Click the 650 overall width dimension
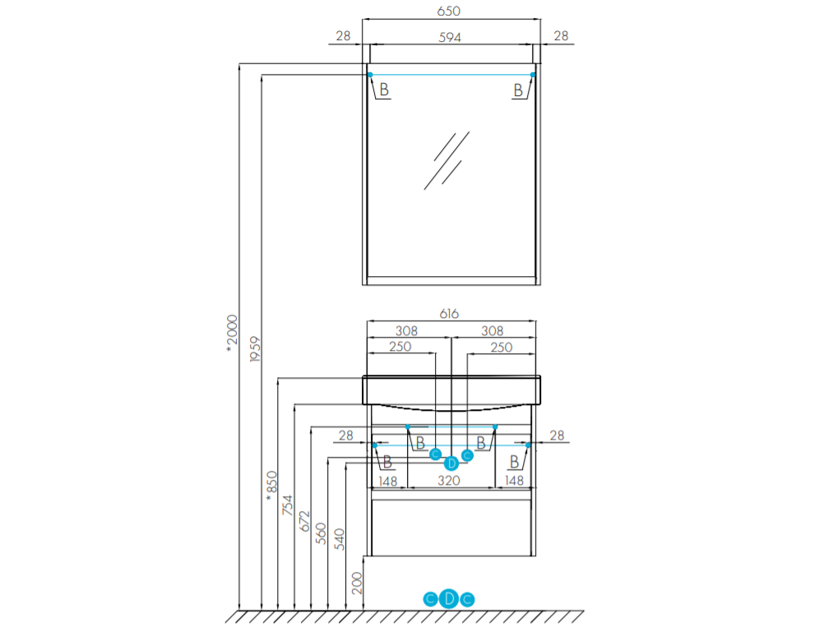[449, 11]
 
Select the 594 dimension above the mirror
[450, 38]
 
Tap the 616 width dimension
[449, 314]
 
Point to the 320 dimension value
[449, 481]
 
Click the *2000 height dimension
[232, 333]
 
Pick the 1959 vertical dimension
[254, 349]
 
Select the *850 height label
[271, 486]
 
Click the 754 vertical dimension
[288, 505]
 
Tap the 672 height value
[304, 521]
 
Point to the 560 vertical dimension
[322, 533]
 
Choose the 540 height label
[340, 540]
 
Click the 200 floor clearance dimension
[357, 583]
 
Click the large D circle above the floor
[449, 598]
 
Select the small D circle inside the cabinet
[451, 463]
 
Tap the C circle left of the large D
[430, 599]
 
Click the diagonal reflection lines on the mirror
[447, 160]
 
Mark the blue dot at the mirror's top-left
[370, 75]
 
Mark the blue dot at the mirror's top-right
[533, 75]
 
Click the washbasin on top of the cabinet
[451, 392]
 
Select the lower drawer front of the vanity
[451, 528]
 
